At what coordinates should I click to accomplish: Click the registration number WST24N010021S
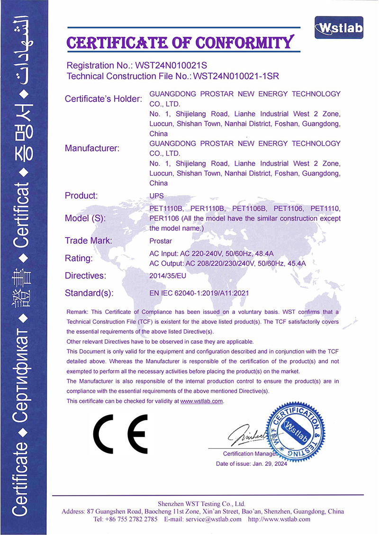tap(172, 65)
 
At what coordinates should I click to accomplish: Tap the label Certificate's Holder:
tap(103, 99)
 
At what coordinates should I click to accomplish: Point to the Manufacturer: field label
tap(92, 148)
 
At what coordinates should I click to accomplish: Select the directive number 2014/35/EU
tap(166, 275)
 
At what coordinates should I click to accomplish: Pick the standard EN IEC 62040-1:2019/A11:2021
tap(199, 293)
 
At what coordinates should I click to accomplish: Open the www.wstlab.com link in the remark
tap(201, 401)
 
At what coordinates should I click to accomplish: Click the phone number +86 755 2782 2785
tap(131, 519)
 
